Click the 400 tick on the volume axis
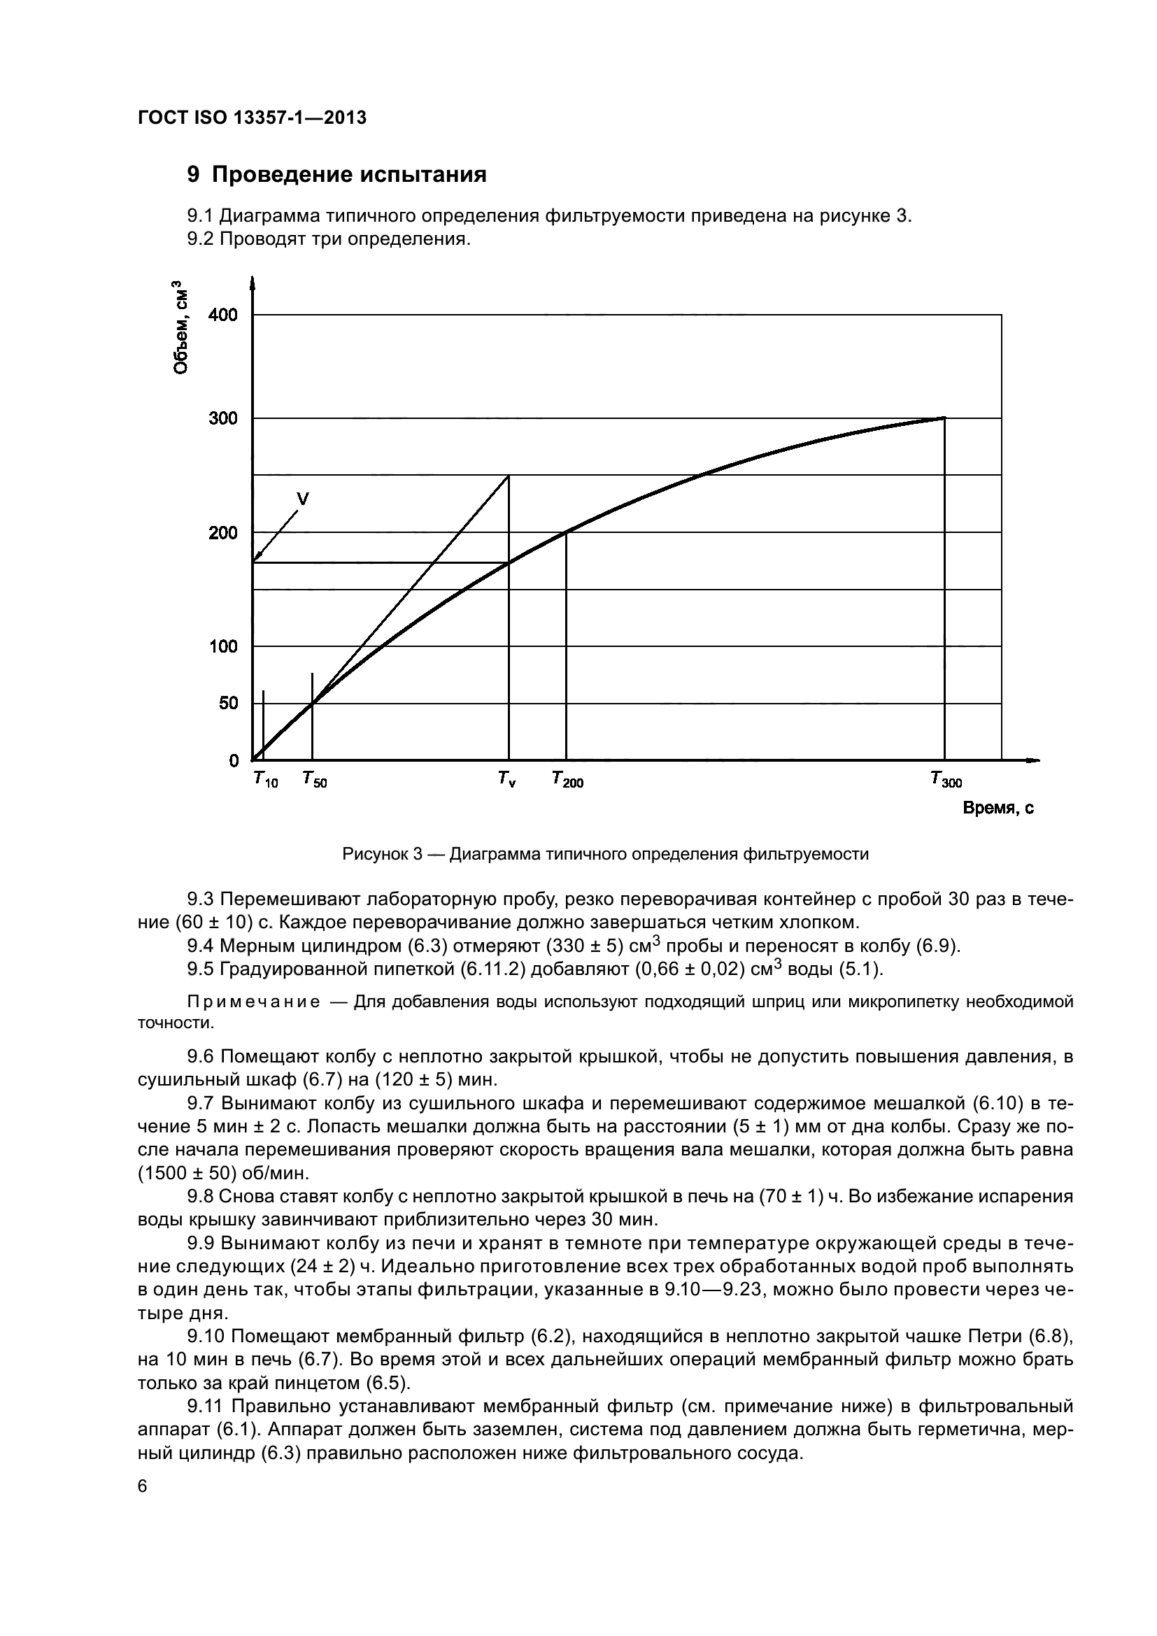(223, 315)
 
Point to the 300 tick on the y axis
(223, 418)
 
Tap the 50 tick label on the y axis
(228, 703)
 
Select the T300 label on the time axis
(946, 781)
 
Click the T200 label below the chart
(567, 781)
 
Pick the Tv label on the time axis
(507, 781)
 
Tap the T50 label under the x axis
(314, 781)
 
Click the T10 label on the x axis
(265, 781)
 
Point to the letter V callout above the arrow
(303, 499)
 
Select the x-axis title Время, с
(998, 808)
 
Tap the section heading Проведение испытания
(349, 175)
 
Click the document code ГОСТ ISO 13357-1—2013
(253, 118)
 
